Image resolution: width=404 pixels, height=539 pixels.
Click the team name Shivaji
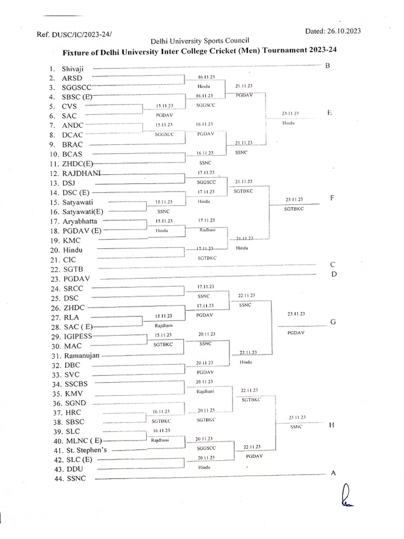[x=74, y=68]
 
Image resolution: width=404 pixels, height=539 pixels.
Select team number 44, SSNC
[x=76, y=478]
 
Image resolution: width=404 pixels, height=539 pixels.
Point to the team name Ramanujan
[x=83, y=355]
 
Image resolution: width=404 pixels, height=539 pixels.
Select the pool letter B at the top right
[x=327, y=66]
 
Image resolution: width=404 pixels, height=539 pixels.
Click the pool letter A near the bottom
[x=332, y=473]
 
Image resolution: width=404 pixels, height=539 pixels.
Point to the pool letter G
[x=332, y=322]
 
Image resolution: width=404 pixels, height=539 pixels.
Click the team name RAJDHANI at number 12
[x=83, y=173]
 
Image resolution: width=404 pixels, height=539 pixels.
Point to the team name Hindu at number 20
[x=72, y=250]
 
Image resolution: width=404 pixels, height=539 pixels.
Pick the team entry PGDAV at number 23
[x=77, y=278]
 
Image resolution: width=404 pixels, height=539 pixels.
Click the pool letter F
[x=332, y=198]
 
